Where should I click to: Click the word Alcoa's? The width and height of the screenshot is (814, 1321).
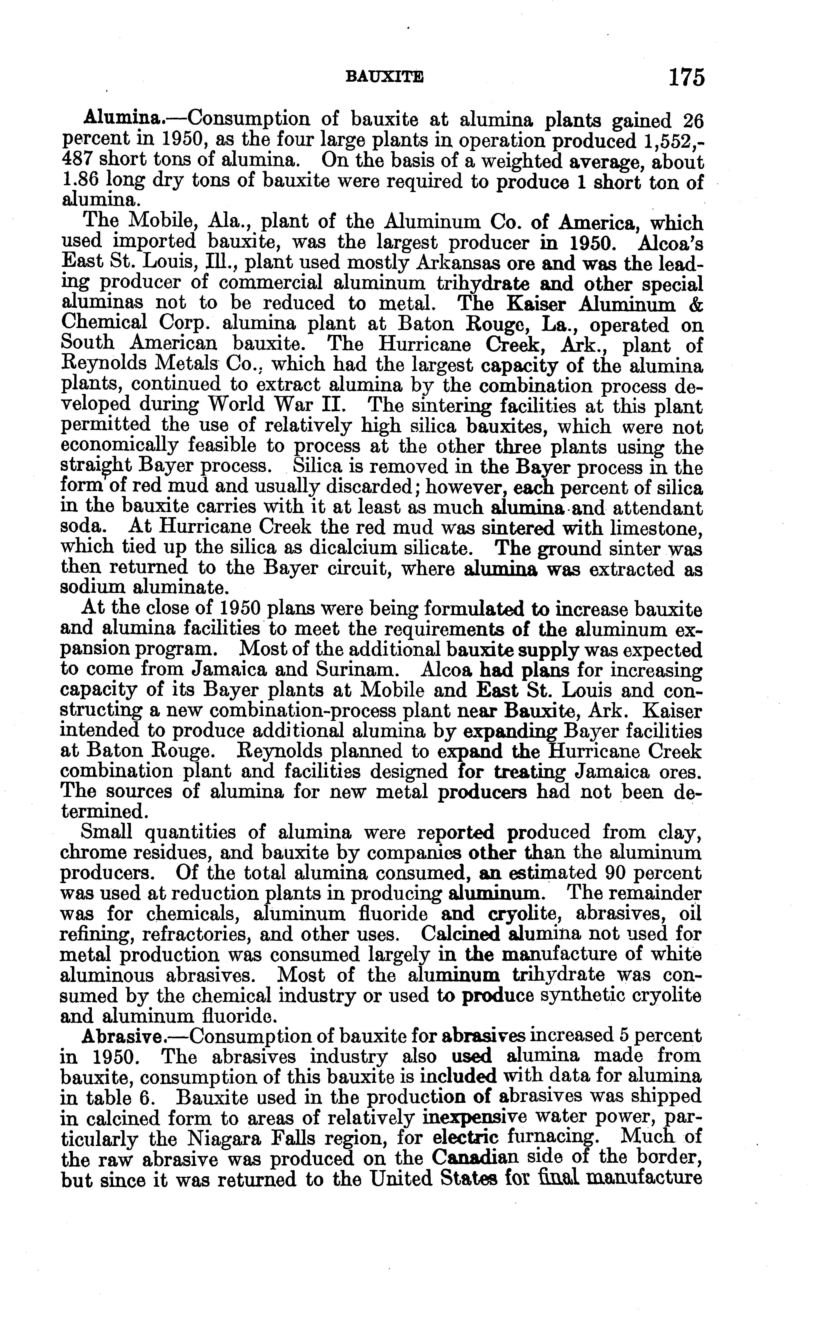(670, 243)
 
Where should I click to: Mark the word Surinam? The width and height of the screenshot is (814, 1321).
(362, 670)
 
